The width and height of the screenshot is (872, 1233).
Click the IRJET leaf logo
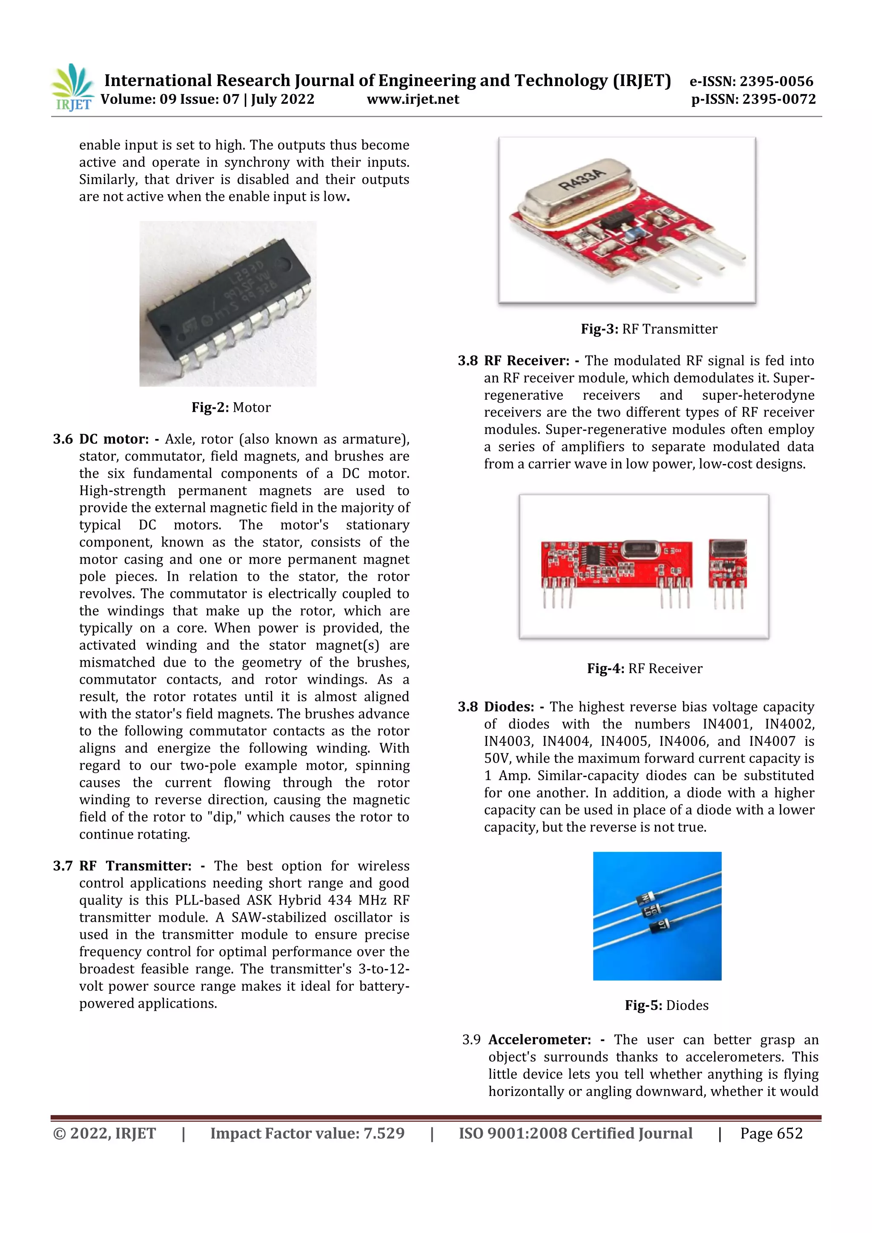[x=72, y=87]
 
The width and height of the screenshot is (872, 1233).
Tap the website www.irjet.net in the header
[x=413, y=99]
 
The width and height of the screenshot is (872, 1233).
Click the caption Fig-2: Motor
[x=231, y=407]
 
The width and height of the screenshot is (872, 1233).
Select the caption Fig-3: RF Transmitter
[x=648, y=329]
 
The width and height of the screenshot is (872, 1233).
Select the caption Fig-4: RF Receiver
[x=644, y=668]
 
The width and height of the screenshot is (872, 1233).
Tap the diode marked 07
[x=660, y=926]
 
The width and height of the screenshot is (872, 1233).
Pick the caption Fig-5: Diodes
[x=666, y=1005]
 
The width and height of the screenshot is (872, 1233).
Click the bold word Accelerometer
[x=539, y=1040]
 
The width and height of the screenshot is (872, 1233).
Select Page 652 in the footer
[x=771, y=1134]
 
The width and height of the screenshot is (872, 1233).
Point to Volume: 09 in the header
[x=129, y=99]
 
